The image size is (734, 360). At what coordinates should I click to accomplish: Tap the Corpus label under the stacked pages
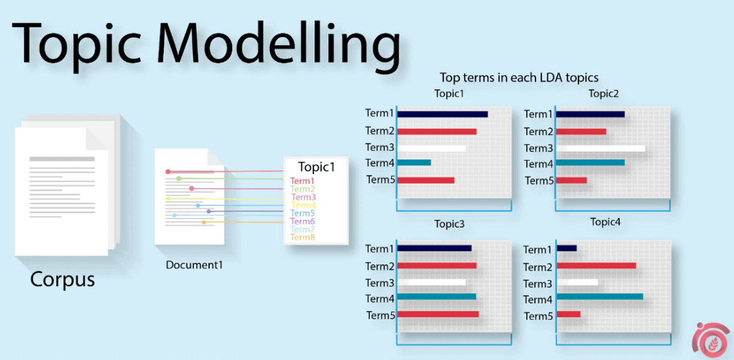pos(63,280)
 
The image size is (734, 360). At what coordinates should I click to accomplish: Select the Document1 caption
pos(194,265)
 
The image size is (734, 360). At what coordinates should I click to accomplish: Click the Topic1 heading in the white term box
pos(316,167)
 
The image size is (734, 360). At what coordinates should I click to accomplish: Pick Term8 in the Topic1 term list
pos(303,237)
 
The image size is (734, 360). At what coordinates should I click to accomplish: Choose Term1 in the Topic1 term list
pos(303,181)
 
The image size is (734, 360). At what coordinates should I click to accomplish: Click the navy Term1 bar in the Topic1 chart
pos(443,114)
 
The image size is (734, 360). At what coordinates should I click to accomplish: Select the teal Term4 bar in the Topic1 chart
pos(414,163)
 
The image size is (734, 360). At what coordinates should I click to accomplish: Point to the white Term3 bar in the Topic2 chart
pos(601,148)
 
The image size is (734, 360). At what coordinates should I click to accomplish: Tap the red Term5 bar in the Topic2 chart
pos(571,181)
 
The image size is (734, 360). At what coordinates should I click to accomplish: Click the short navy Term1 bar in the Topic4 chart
pos(566,248)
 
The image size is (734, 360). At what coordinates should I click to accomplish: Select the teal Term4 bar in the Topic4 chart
pos(600,297)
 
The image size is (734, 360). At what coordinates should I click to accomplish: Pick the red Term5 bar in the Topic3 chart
pos(438,314)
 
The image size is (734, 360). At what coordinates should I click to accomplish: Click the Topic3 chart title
pos(450,224)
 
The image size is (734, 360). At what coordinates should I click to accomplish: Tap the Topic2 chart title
pos(603,94)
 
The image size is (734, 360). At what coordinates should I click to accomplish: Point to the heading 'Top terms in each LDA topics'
pos(519,77)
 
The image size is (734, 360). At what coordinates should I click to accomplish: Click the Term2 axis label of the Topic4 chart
pos(538,267)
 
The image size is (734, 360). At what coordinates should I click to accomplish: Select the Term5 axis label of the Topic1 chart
pos(380,180)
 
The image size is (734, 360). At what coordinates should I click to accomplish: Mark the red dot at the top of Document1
pos(168,172)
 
